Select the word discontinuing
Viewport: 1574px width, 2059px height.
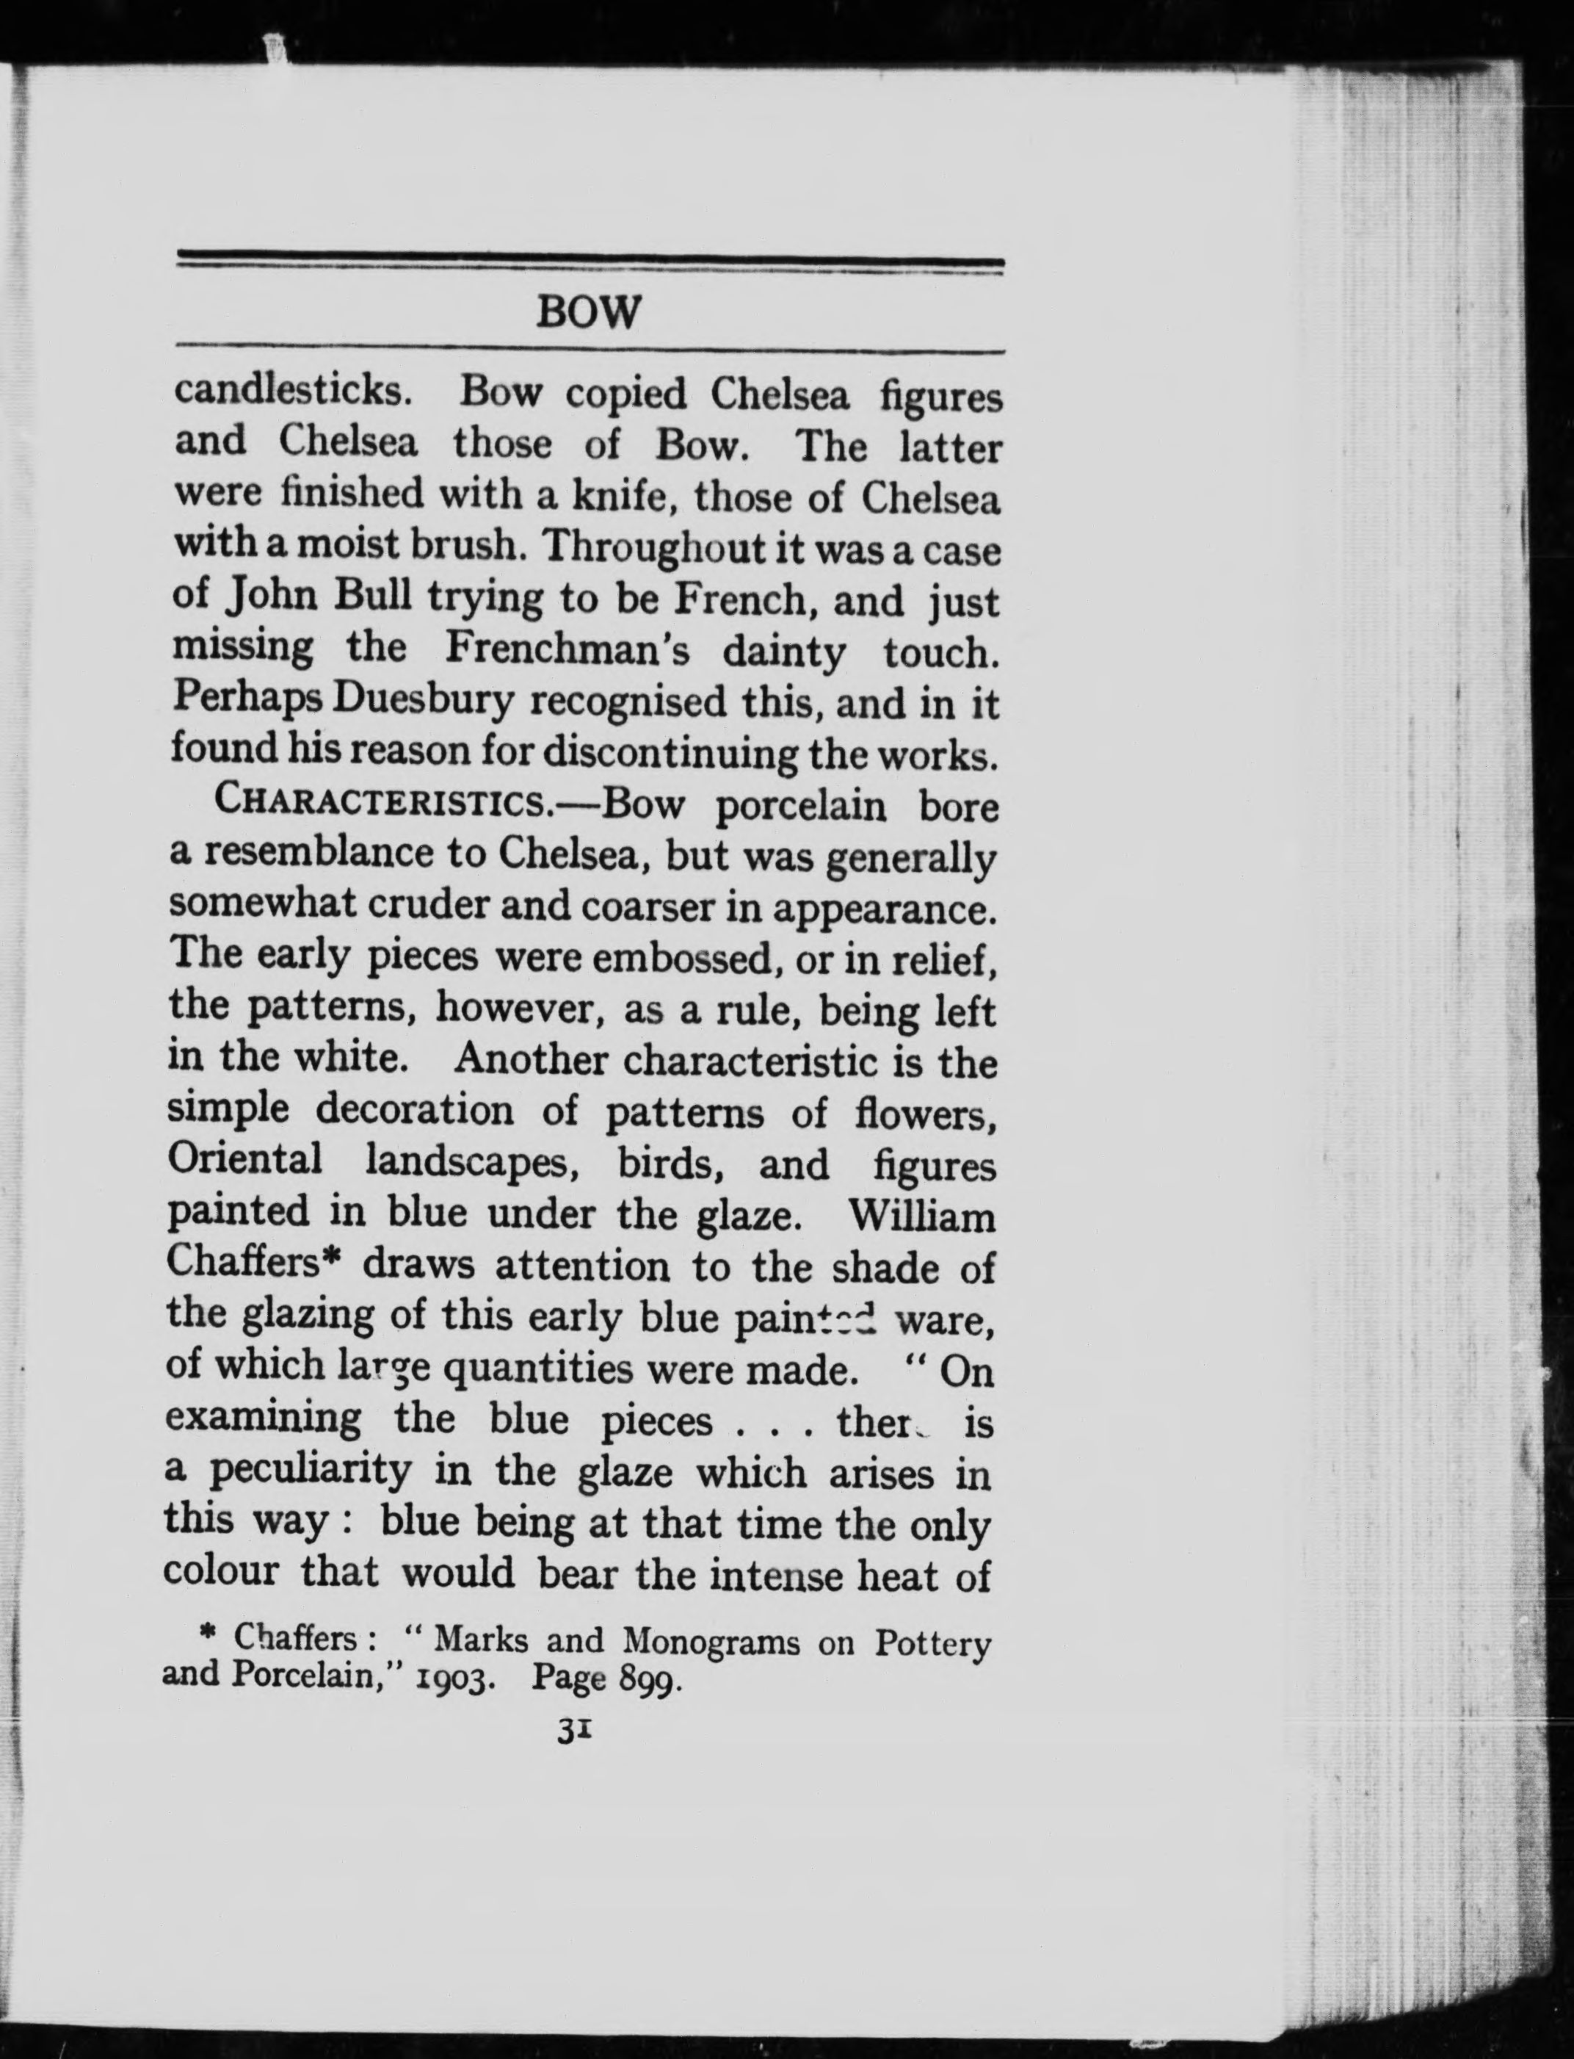[664, 752]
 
